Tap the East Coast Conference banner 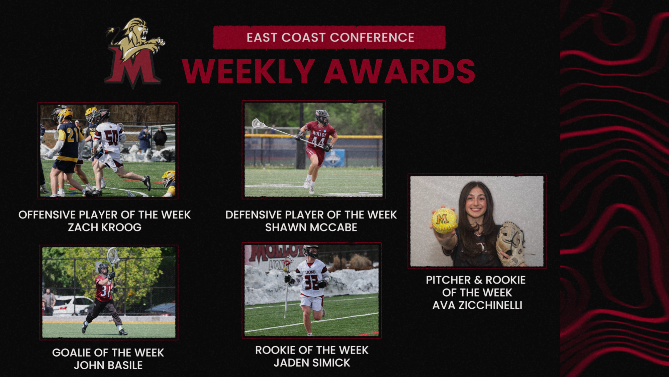[329, 38]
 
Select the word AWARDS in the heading [400, 71]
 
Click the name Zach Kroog [105, 228]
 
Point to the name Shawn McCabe [311, 228]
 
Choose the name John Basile [108, 365]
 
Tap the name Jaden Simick [312, 363]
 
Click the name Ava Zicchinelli [477, 305]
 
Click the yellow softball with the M [444, 220]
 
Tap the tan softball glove [510, 244]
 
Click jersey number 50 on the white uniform [111, 137]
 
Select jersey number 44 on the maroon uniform [318, 142]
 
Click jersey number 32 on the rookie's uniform [311, 282]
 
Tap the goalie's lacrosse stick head [113, 256]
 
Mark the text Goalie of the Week [108, 353]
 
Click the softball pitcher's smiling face [476, 202]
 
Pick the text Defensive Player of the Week [311, 215]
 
